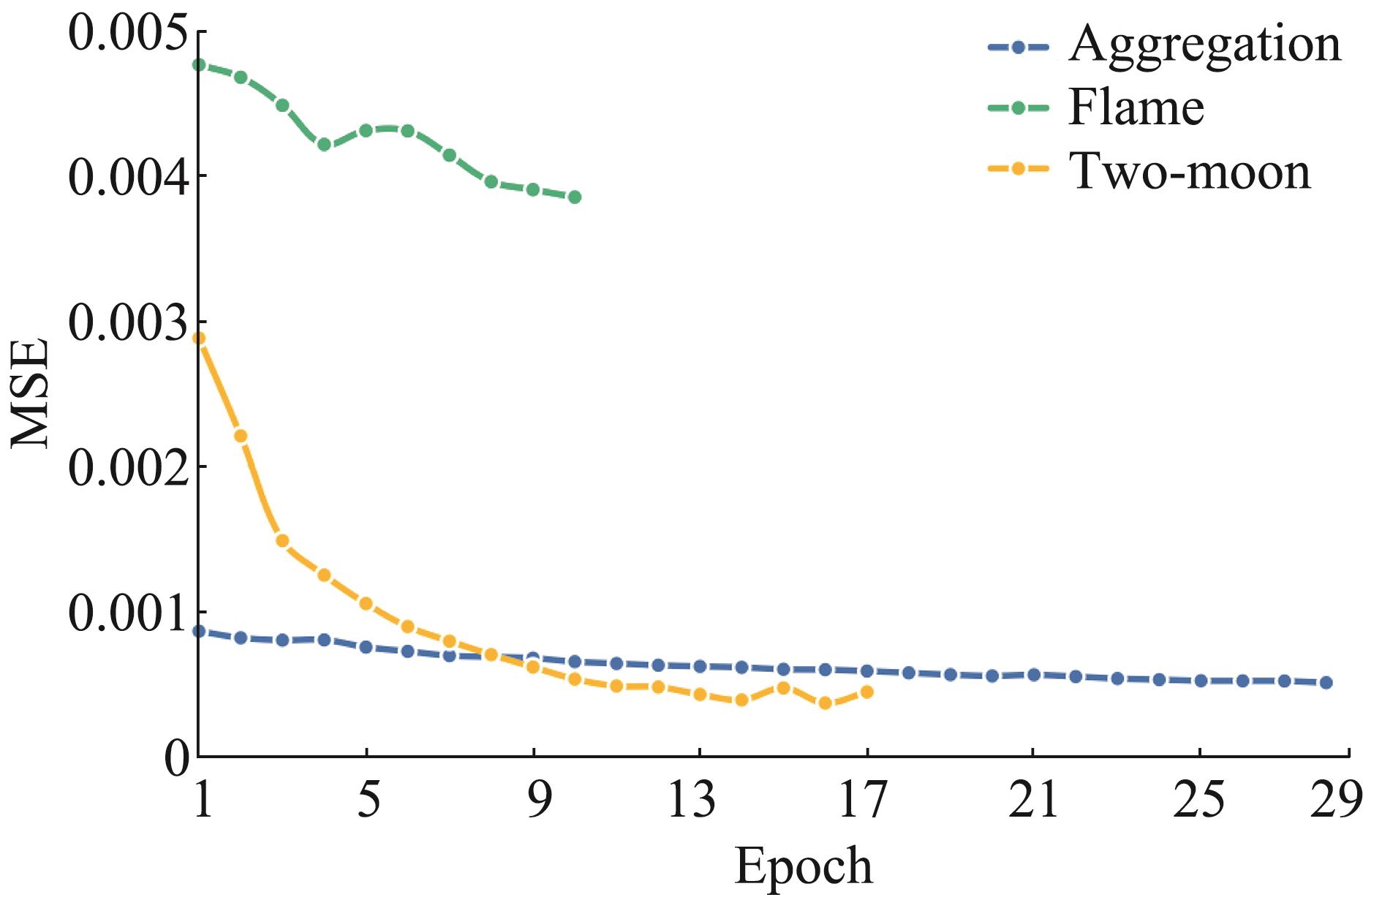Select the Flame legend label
click(1136, 108)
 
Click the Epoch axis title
click(803, 866)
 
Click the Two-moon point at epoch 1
click(199, 339)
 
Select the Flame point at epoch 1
click(199, 65)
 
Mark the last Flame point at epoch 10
click(575, 197)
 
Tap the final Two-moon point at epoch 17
click(867, 692)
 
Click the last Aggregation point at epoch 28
click(1326, 683)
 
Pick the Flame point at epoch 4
click(324, 145)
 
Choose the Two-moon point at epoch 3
click(282, 541)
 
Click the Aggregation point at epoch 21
click(1034, 675)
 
